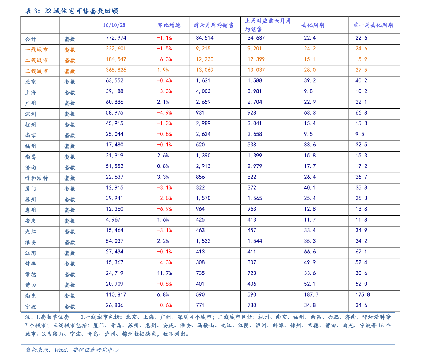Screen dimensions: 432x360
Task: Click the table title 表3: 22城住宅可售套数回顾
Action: coord(71,11)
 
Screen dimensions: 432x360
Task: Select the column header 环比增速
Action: coord(169,25)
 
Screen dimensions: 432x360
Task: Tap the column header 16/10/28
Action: coord(114,25)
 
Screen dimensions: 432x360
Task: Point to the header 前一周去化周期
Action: coord(373,25)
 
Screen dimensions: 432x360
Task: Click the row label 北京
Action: coord(30,82)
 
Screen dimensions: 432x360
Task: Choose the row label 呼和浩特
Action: coord(36,178)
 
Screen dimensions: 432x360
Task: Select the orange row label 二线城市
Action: coord(36,60)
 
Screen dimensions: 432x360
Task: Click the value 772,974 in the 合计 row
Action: coord(116,38)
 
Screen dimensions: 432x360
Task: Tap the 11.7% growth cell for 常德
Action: coord(164,273)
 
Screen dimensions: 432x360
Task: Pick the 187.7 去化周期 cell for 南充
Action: coord(311,295)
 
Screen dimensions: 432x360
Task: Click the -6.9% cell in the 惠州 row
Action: coord(164,209)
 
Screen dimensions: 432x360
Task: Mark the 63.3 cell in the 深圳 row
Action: coord(310,113)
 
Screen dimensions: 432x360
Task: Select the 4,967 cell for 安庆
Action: coord(113,220)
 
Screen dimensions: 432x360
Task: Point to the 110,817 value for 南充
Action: coord(116,295)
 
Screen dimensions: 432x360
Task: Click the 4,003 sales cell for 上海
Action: coord(203,91)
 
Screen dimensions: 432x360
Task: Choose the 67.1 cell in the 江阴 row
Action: coord(361,252)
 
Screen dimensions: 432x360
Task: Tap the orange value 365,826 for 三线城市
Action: coord(116,70)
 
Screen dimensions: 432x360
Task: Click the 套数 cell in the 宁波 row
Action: coord(70,307)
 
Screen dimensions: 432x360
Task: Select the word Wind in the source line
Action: coord(61,350)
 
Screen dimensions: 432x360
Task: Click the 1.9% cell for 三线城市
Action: coord(163,70)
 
